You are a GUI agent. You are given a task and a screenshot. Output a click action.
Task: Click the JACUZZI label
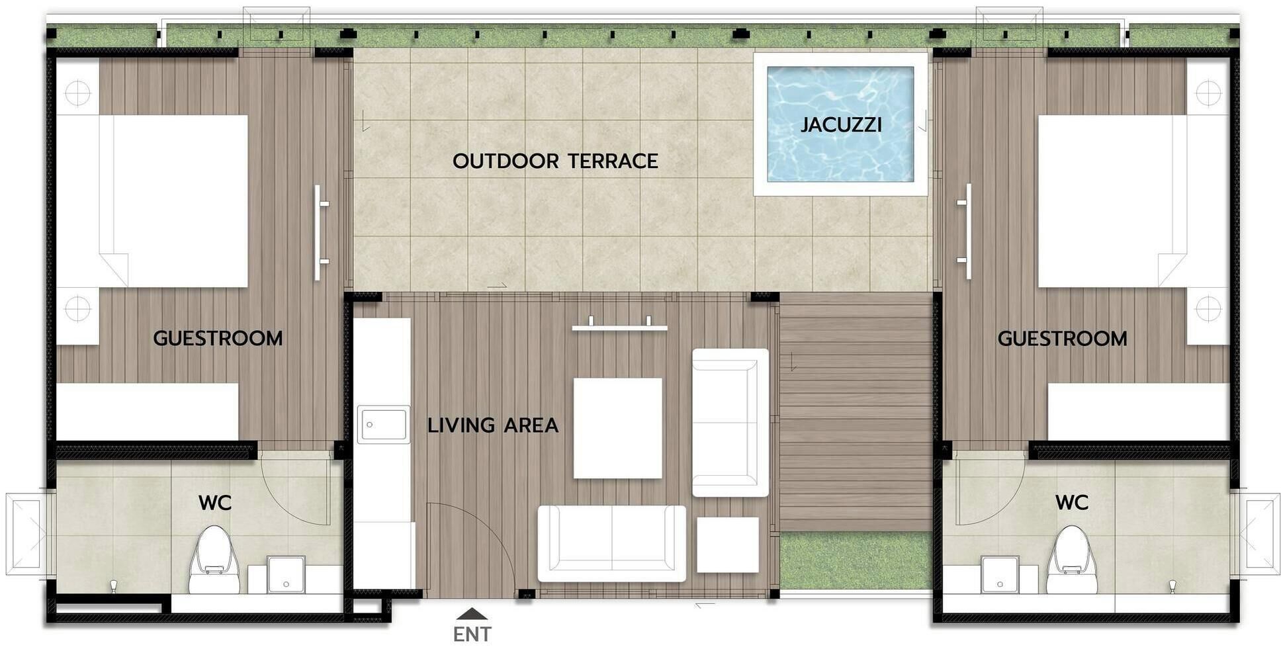pyautogui.click(x=840, y=124)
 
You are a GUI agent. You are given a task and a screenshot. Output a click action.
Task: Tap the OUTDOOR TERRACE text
pyautogui.click(x=554, y=161)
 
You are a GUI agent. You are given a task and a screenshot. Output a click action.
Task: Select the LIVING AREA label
pyautogui.click(x=492, y=425)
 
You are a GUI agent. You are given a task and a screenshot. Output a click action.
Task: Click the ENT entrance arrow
pyautogui.click(x=472, y=614)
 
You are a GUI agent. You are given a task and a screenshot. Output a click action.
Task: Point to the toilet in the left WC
pyautogui.click(x=214, y=560)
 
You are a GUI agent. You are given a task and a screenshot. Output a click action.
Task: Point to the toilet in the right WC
pyautogui.click(x=1071, y=560)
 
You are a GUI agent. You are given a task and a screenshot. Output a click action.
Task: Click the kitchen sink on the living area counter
pyautogui.click(x=384, y=424)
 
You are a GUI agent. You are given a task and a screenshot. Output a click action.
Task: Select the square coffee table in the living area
pyautogui.click(x=617, y=428)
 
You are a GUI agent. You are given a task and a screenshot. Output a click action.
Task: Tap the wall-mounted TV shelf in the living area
pyautogui.click(x=619, y=326)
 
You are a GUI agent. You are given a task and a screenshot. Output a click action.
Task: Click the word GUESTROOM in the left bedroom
pyautogui.click(x=218, y=338)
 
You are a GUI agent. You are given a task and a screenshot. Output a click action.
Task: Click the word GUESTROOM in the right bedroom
pyautogui.click(x=1062, y=339)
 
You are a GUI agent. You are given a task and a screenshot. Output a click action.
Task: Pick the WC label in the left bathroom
pyautogui.click(x=215, y=503)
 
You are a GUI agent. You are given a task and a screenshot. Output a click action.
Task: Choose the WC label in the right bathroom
pyautogui.click(x=1071, y=503)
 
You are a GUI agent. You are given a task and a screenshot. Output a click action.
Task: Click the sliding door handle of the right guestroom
pyautogui.click(x=967, y=232)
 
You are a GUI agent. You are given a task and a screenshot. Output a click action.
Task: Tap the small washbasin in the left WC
pyautogui.click(x=287, y=574)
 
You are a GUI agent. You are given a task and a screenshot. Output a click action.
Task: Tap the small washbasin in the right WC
pyautogui.click(x=1000, y=574)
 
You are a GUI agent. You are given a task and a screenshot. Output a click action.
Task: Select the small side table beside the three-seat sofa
pyautogui.click(x=727, y=544)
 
